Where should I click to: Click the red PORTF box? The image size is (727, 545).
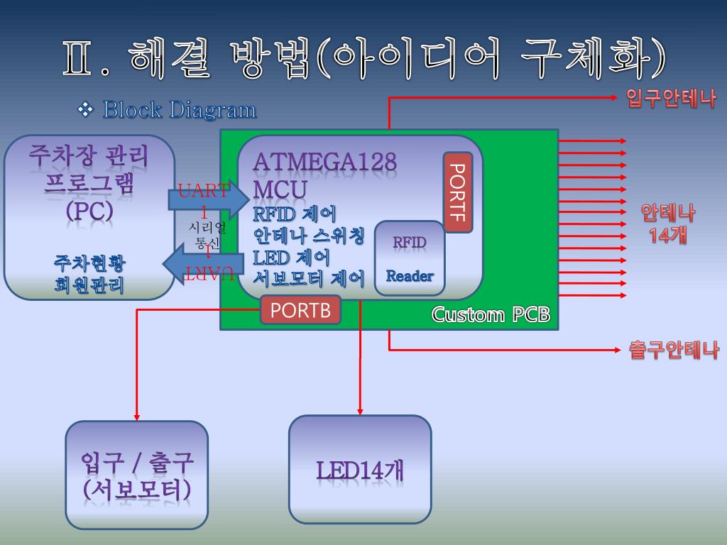click(458, 192)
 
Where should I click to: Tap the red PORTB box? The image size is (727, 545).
click(300, 310)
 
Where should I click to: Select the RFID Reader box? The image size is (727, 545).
click(410, 258)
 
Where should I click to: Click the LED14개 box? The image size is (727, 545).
click(360, 470)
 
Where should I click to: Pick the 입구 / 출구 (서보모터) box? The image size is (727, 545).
click(137, 475)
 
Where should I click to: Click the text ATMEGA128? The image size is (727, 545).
click(325, 162)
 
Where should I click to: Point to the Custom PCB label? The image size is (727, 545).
click(491, 314)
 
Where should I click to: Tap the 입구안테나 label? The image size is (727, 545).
click(670, 98)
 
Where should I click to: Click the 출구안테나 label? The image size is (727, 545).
click(674, 350)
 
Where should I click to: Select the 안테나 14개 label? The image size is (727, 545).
click(668, 224)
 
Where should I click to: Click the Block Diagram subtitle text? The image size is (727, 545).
click(180, 110)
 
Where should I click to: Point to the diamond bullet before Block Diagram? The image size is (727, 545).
click(86, 109)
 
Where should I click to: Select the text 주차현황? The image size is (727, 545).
click(89, 263)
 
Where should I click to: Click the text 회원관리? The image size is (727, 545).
click(89, 285)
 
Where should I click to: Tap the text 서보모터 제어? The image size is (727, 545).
click(309, 278)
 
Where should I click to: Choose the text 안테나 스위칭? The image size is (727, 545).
click(309, 235)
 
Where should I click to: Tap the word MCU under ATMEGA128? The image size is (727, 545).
click(280, 189)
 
